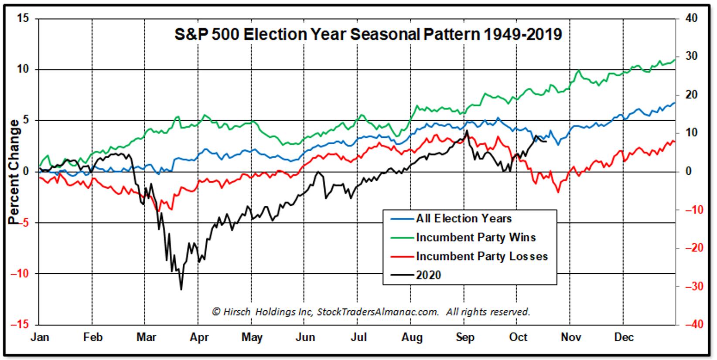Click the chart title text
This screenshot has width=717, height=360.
[x=368, y=34]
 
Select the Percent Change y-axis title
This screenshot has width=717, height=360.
[x=14, y=172]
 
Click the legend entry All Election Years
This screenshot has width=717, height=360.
[x=464, y=218]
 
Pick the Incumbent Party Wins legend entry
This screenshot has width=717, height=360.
[x=475, y=238]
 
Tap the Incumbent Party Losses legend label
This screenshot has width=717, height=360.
[x=481, y=256]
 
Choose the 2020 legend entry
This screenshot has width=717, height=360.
[x=428, y=275]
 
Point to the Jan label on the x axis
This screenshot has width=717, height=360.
[x=40, y=337]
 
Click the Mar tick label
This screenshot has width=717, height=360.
[x=146, y=337]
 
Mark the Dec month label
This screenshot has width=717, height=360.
[x=624, y=337]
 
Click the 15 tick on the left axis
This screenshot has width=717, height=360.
[x=24, y=18]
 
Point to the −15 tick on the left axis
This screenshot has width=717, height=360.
[x=21, y=325]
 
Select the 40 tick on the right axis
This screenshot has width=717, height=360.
[x=691, y=18]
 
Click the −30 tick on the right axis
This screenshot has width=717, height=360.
[x=693, y=286]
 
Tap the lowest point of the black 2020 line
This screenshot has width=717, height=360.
[x=181, y=289]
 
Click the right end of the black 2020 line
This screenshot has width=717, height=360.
[x=546, y=141]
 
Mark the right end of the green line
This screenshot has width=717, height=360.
[x=675, y=60]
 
